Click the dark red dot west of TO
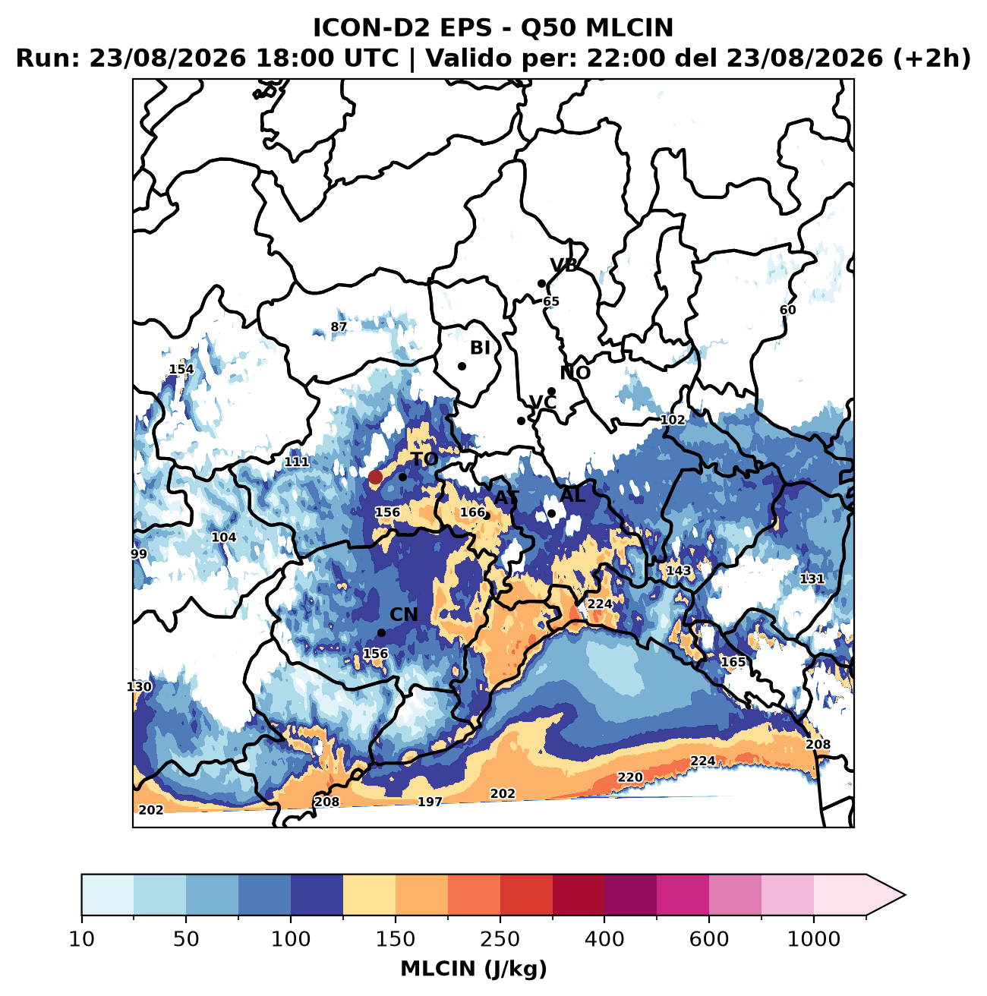coord(375,477)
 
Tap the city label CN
coord(403,615)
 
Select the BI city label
coord(480,348)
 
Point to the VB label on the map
coord(563,265)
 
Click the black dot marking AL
coord(552,513)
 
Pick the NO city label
coord(575,373)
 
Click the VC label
coord(543,402)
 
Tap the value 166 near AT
coord(472,512)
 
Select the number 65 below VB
coord(551,301)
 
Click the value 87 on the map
coord(339,326)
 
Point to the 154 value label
coord(181,369)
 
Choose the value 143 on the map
coord(678,570)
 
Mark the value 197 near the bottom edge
coord(430,801)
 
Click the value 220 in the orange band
coord(630,777)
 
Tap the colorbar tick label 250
coord(500,938)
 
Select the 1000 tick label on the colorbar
coord(814,938)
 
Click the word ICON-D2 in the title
coord(372,28)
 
